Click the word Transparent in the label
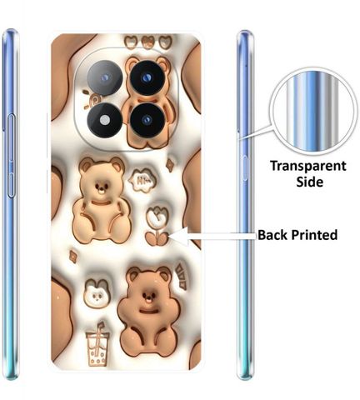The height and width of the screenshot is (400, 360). click(308, 166)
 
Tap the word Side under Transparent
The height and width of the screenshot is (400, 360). click(309, 182)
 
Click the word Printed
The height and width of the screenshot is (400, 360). click(314, 235)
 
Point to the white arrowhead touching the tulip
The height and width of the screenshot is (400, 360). click(178, 236)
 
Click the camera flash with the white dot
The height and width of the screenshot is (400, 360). click(105, 120)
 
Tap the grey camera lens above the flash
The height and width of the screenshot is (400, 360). click(105, 77)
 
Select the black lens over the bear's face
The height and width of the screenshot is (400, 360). click(147, 77)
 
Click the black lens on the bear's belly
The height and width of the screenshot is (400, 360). click(147, 120)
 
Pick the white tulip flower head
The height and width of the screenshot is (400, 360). click(157, 217)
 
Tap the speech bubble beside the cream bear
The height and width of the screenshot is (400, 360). click(142, 180)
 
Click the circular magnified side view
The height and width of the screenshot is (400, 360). click(313, 111)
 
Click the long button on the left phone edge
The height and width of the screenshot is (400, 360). click(11, 156)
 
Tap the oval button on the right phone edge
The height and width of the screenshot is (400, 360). click(245, 168)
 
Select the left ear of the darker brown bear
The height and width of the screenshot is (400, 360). click(133, 275)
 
